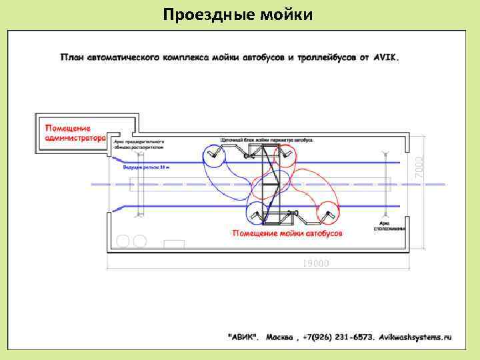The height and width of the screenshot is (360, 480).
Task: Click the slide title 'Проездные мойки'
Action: (238, 14)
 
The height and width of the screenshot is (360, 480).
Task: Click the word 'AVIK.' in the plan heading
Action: (386, 57)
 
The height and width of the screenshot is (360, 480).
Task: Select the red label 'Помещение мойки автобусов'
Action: (287, 234)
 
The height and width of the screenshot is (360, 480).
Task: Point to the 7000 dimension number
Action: (419, 161)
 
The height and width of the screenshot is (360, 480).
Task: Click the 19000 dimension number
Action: (316, 263)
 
